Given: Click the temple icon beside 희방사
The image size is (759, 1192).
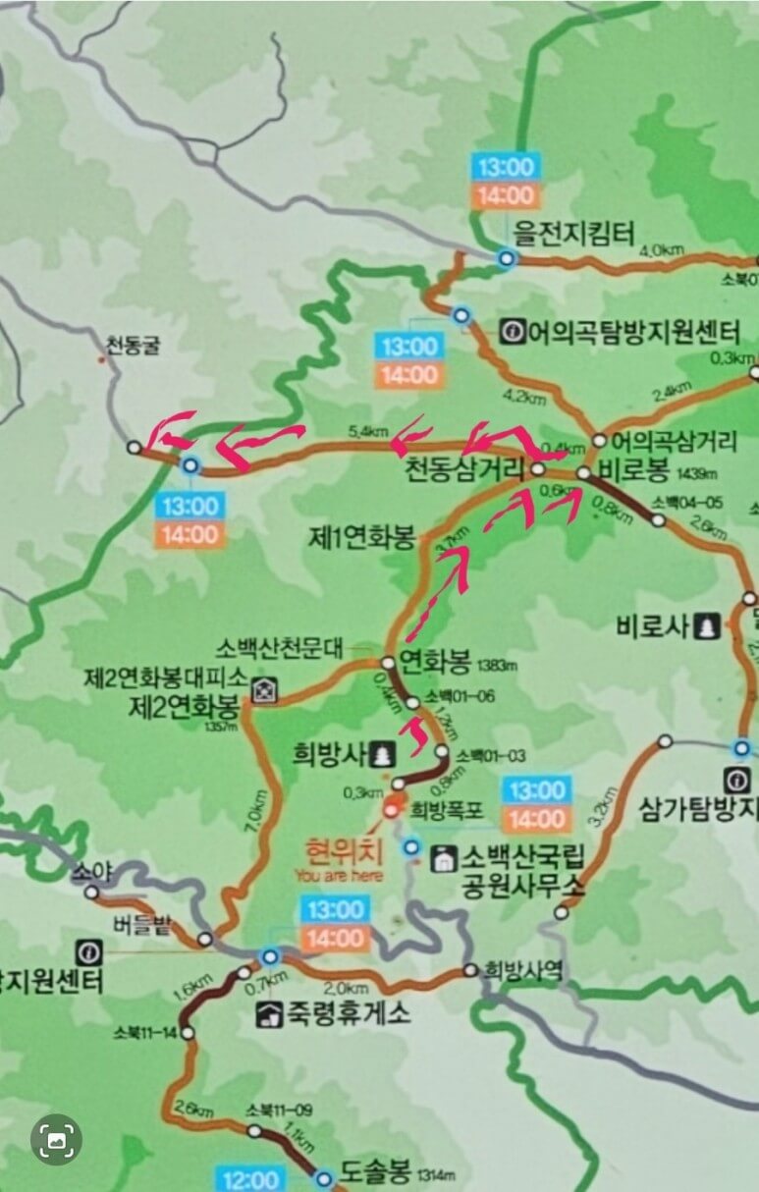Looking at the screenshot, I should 382,754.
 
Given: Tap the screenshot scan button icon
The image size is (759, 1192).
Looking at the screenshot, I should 56,1139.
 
